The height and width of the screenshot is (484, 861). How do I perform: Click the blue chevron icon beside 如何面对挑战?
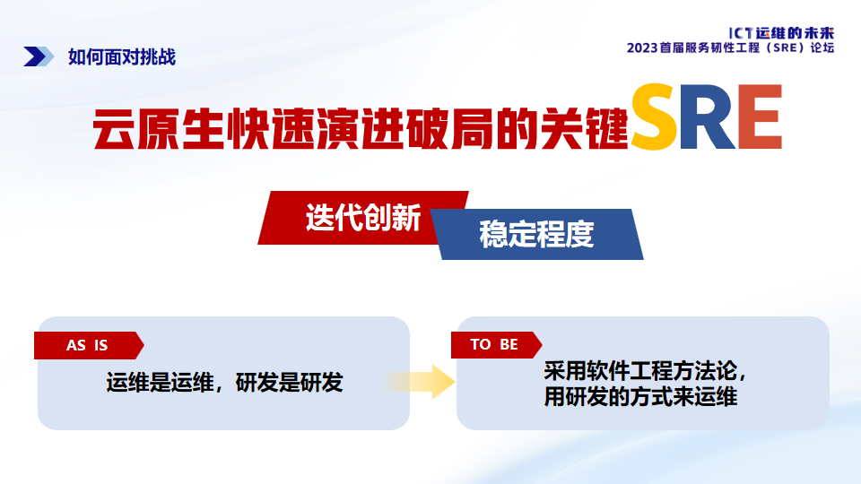[x=39, y=56]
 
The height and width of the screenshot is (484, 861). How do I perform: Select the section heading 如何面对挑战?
[x=121, y=56]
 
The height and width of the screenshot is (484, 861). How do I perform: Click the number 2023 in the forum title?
[x=648, y=48]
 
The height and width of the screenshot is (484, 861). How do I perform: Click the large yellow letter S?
[x=658, y=117]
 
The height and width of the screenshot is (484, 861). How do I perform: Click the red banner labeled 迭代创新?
[x=363, y=218]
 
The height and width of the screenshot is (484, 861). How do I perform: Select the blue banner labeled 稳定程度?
[x=536, y=235]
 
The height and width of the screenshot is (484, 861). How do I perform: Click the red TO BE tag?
[x=494, y=345]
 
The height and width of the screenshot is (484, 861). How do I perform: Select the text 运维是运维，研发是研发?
[x=224, y=384]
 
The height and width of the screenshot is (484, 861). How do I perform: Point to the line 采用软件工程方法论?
[x=645, y=371]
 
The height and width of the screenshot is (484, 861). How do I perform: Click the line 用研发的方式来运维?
[x=640, y=396]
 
